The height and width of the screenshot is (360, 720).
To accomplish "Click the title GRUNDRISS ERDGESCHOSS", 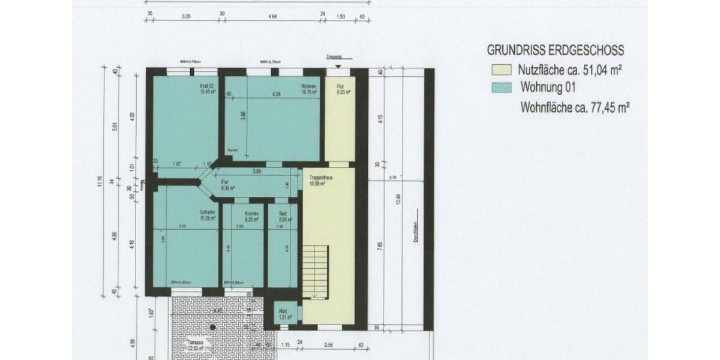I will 556,50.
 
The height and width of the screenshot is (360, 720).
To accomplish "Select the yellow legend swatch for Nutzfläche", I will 501,70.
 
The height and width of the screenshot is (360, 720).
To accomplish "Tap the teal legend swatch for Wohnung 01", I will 501,88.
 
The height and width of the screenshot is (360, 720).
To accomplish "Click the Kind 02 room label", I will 207,89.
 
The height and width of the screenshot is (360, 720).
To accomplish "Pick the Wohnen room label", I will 308,89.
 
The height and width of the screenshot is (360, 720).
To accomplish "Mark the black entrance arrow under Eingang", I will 338,66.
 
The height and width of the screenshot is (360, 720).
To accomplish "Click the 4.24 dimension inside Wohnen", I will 276,94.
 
